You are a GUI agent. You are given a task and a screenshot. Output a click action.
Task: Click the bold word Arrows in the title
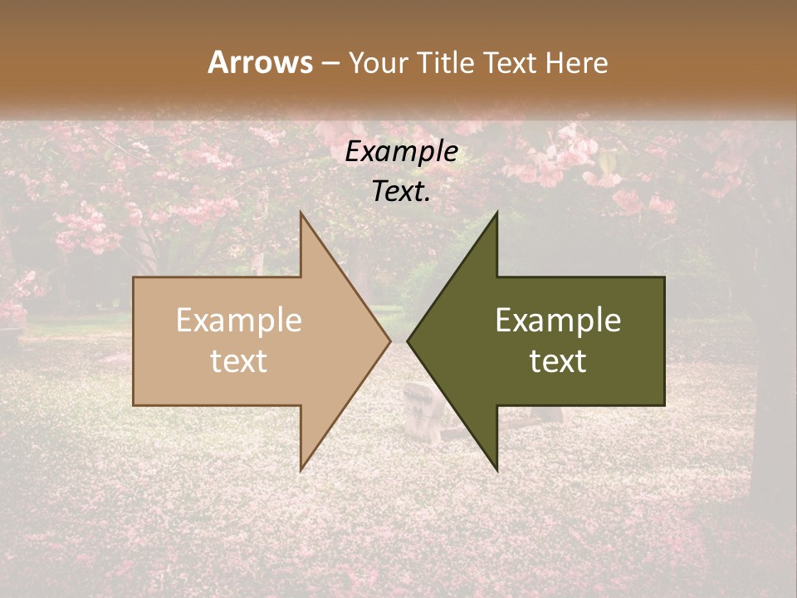(261, 62)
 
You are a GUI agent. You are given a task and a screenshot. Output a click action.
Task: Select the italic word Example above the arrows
(402, 152)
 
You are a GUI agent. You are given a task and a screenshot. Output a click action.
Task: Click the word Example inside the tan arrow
(239, 321)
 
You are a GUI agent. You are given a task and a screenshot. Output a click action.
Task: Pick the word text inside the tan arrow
(239, 361)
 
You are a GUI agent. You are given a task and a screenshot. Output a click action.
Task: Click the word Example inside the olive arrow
(558, 321)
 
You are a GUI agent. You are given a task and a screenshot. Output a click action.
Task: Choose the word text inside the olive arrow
(558, 361)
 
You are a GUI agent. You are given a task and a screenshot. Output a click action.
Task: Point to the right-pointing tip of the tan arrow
(389, 341)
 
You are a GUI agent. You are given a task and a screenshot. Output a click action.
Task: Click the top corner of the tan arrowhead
(301, 213)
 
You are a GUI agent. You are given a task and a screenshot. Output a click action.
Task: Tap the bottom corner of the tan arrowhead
(301, 469)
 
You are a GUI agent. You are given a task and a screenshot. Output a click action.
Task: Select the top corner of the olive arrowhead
(496, 213)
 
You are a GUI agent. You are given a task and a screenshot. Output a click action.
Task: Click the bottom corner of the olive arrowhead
(496, 469)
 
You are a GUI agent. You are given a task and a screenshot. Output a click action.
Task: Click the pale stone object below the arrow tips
(423, 412)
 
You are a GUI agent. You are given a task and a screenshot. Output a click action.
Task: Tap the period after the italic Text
(428, 199)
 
